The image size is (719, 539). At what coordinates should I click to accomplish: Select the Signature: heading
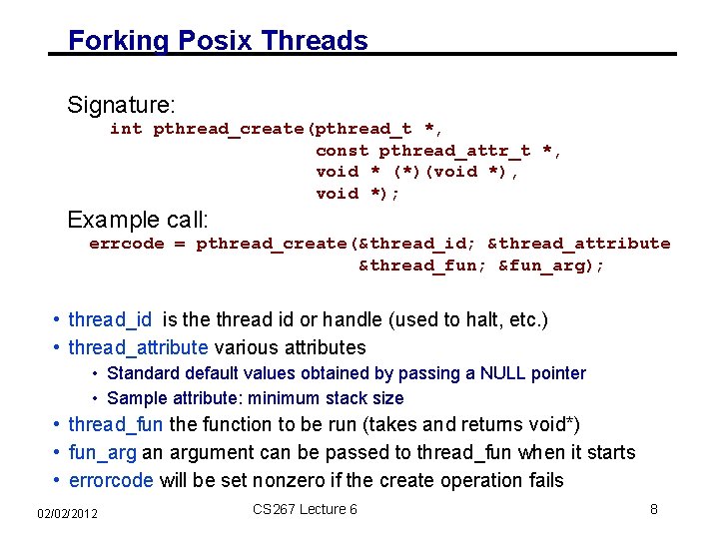point(121,105)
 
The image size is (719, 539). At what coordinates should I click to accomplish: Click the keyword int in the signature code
point(125,129)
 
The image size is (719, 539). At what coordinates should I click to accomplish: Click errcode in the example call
point(126,244)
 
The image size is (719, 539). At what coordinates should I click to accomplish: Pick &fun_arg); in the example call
point(551,266)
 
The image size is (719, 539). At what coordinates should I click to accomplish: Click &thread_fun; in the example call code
point(422,266)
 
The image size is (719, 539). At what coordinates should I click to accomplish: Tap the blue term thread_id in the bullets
point(110,320)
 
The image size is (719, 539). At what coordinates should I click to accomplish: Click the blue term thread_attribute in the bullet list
point(138,348)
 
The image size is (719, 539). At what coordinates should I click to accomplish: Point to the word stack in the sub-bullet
point(346,398)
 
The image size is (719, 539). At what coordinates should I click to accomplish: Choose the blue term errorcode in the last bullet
point(110,480)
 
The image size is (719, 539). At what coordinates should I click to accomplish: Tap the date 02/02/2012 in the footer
point(67,512)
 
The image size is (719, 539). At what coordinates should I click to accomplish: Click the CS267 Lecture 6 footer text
point(305,509)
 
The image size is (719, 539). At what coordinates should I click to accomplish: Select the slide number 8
point(653,509)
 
